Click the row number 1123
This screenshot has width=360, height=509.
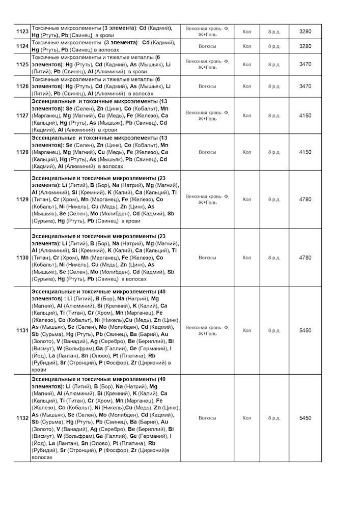click(22, 32)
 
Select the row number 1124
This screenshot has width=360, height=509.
click(22, 46)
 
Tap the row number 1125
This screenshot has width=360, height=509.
click(22, 65)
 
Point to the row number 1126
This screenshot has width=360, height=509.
click(22, 86)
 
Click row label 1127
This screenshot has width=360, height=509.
click(22, 116)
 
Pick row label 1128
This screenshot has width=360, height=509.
click(22, 152)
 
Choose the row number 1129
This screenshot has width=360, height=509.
click(22, 199)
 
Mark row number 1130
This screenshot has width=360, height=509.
click(22, 258)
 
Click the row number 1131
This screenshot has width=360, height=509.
click(22, 330)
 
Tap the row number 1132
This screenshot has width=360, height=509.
click(22, 418)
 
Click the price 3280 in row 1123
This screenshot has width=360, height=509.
click(305, 32)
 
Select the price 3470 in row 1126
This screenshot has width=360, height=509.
click(305, 86)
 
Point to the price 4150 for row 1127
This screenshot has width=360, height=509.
click(305, 116)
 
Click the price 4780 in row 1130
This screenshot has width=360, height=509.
click(305, 258)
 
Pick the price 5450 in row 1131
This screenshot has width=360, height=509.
click(305, 330)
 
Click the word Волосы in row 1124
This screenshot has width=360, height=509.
click(207, 46)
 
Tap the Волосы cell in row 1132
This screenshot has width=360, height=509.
click(207, 418)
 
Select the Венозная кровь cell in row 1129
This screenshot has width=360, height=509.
click(207, 199)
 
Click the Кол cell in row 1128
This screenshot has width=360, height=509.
click(247, 152)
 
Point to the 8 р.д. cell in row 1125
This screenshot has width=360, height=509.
click(274, 65)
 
